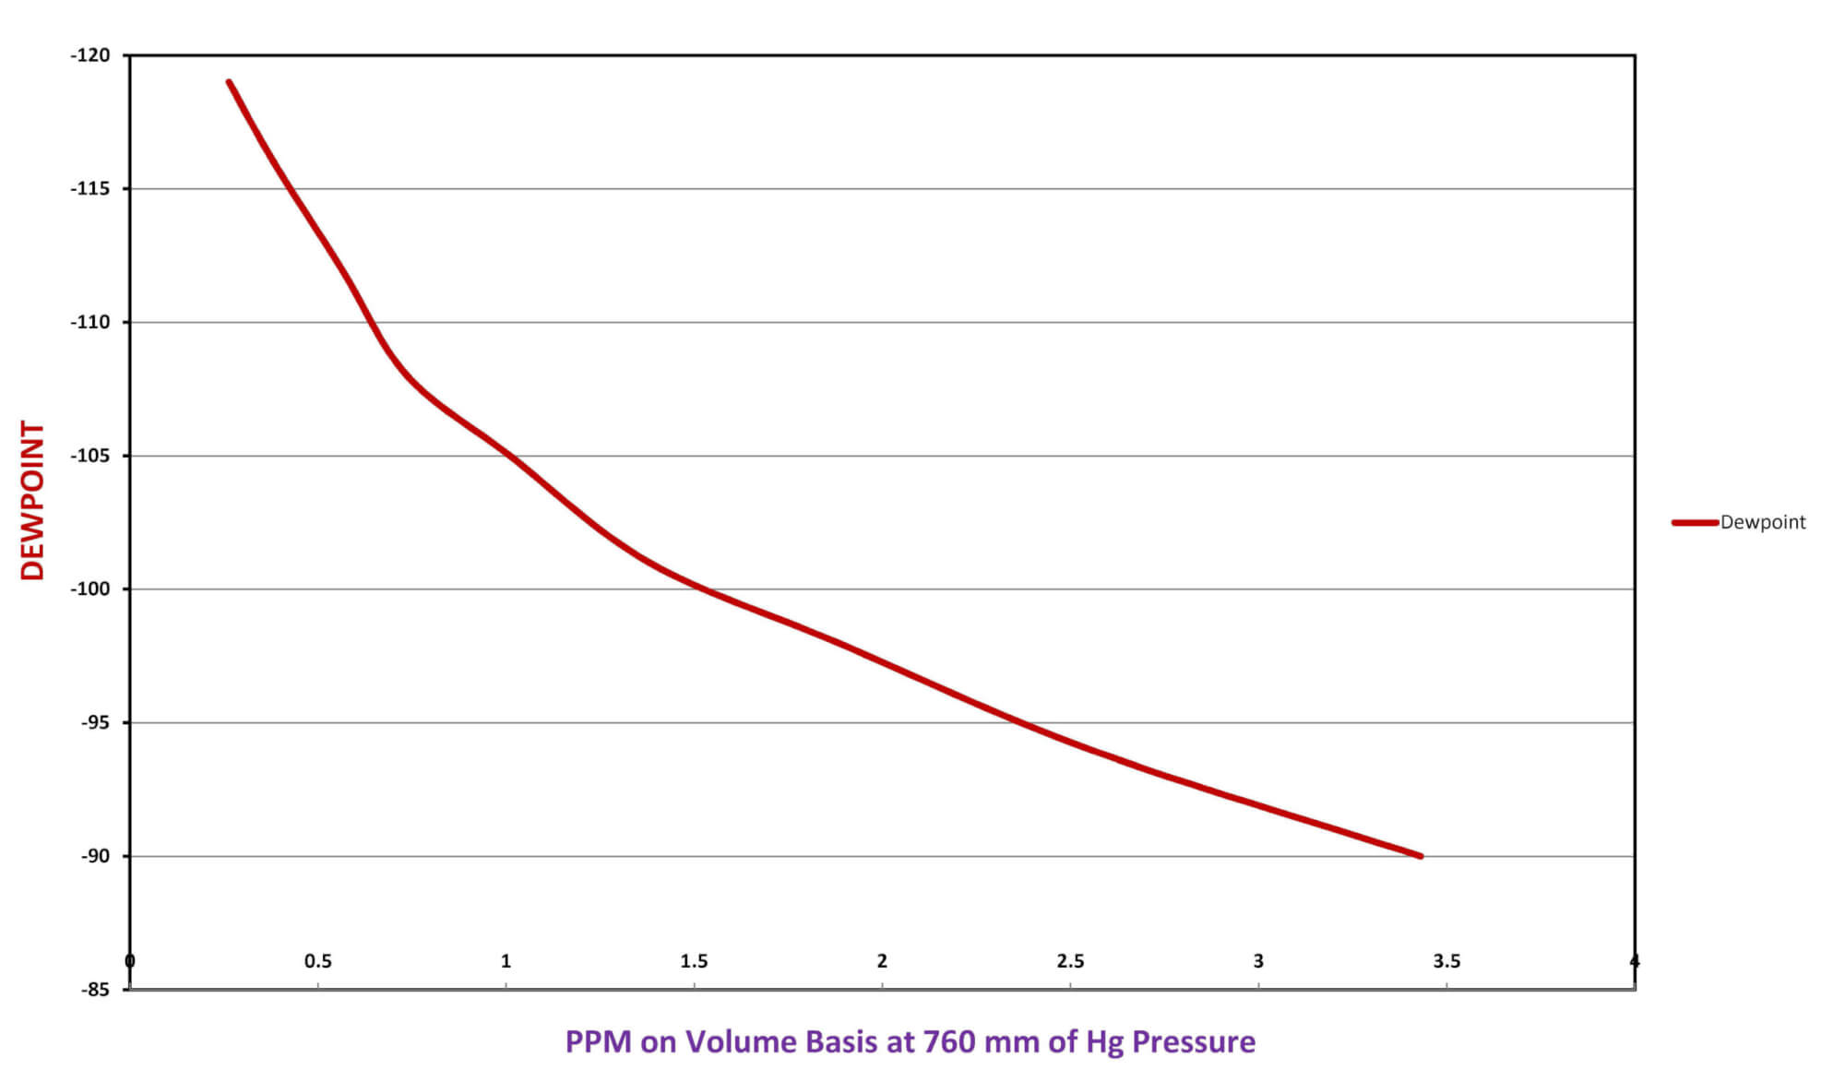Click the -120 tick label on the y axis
pyautogui.click(x=90, y=55)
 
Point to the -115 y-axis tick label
pyautogui.click(x=90, y=188)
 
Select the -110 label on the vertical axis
pyautogui.click(x=90, y=322)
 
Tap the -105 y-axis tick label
pyautogui.click(x=90, y=456)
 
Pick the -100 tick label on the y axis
pyautogui.click(x=90, y=588)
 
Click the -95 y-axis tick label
pyautogui.click(x=94, y=722)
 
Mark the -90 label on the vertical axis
pyautogui.click(x=94, y=856)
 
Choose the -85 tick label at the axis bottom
pyautogui.click(x=94, y=990)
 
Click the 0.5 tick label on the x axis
pyautogui.click(x=317, y=961)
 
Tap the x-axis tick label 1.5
pyautogui.click(x=694, y=961)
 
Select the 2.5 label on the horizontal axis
pyautogui.click(x=1070, y=961)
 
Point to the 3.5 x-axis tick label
pyautogui.click(x=1446, y=961)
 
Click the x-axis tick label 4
pyautogui.click(x=1635, y=961)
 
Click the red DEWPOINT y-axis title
pyautogui.click(x=33, y=501)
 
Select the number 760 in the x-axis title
pyautogui.click(x=949, y=1041)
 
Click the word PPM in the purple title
pyautogui.click(x=598, y=1041)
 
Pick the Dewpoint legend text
pyautogui.click(x=1763, y=522)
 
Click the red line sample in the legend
pyautogui.click(x=1695, y=522)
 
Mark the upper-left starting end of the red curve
pyautogui.click(x=229, y=82)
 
